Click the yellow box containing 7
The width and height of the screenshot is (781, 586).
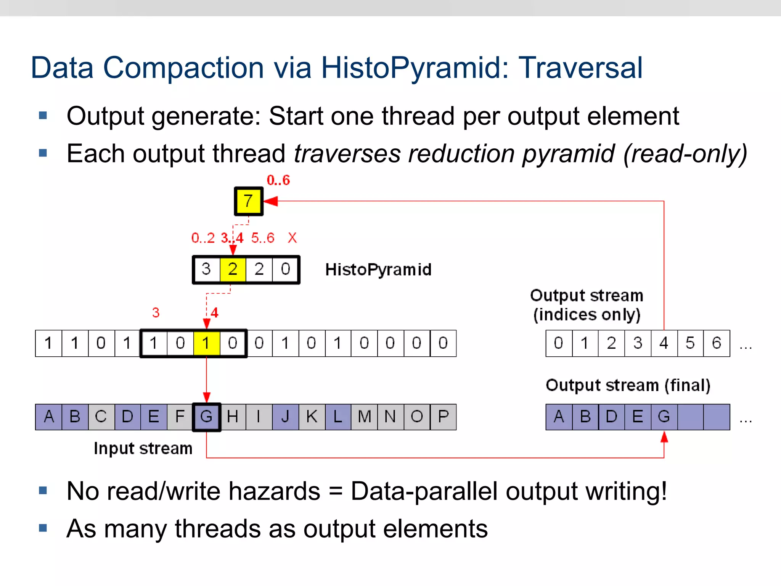pos(248,201)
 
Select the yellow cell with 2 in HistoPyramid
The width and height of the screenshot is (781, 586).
pos(233,269)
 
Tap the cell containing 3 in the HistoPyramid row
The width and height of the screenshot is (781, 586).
pos(206,269)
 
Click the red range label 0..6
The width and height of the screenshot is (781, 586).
pos(278,180)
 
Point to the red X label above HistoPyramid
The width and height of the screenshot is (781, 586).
pos(292,238)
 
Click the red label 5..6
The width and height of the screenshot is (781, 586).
pos(263,238)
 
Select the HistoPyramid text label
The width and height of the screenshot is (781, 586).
pos(378,270)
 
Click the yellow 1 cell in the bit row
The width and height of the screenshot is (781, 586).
pos(206,343)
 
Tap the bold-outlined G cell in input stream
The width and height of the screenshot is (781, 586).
pos(206,417)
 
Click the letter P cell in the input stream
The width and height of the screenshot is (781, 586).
pos(443,417)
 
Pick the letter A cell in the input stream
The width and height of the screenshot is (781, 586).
pos(48,417)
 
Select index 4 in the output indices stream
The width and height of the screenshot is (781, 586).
pos(664,343)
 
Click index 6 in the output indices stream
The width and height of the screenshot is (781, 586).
pos(717,343)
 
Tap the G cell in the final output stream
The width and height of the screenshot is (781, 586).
pos(664,417)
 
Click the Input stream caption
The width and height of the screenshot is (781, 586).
pos(143,448)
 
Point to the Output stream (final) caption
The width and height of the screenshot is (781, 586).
pos(628,385)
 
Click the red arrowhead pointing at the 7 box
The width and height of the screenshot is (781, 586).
pos(271,201)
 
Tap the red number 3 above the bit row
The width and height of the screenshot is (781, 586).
pos(156,313)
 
